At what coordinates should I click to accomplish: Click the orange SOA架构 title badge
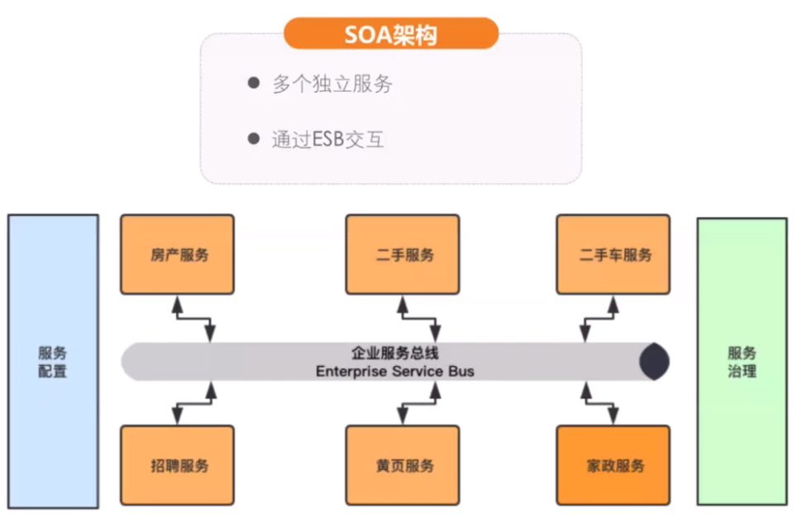391,35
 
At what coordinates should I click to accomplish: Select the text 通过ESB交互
328,138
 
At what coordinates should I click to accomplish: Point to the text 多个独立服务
332,84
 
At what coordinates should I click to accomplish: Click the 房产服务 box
177,254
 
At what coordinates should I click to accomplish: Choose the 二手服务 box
403,254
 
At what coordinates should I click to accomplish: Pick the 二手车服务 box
612,254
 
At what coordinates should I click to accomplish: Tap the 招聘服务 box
177,465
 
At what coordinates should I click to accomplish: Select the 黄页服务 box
403,465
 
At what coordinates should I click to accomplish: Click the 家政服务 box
612,465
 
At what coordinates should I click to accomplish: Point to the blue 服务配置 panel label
53,363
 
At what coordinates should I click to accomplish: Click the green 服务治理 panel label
741,363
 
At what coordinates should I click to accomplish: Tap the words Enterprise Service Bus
395,372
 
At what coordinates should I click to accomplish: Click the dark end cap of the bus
655,362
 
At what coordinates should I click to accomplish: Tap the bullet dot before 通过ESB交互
254,138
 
